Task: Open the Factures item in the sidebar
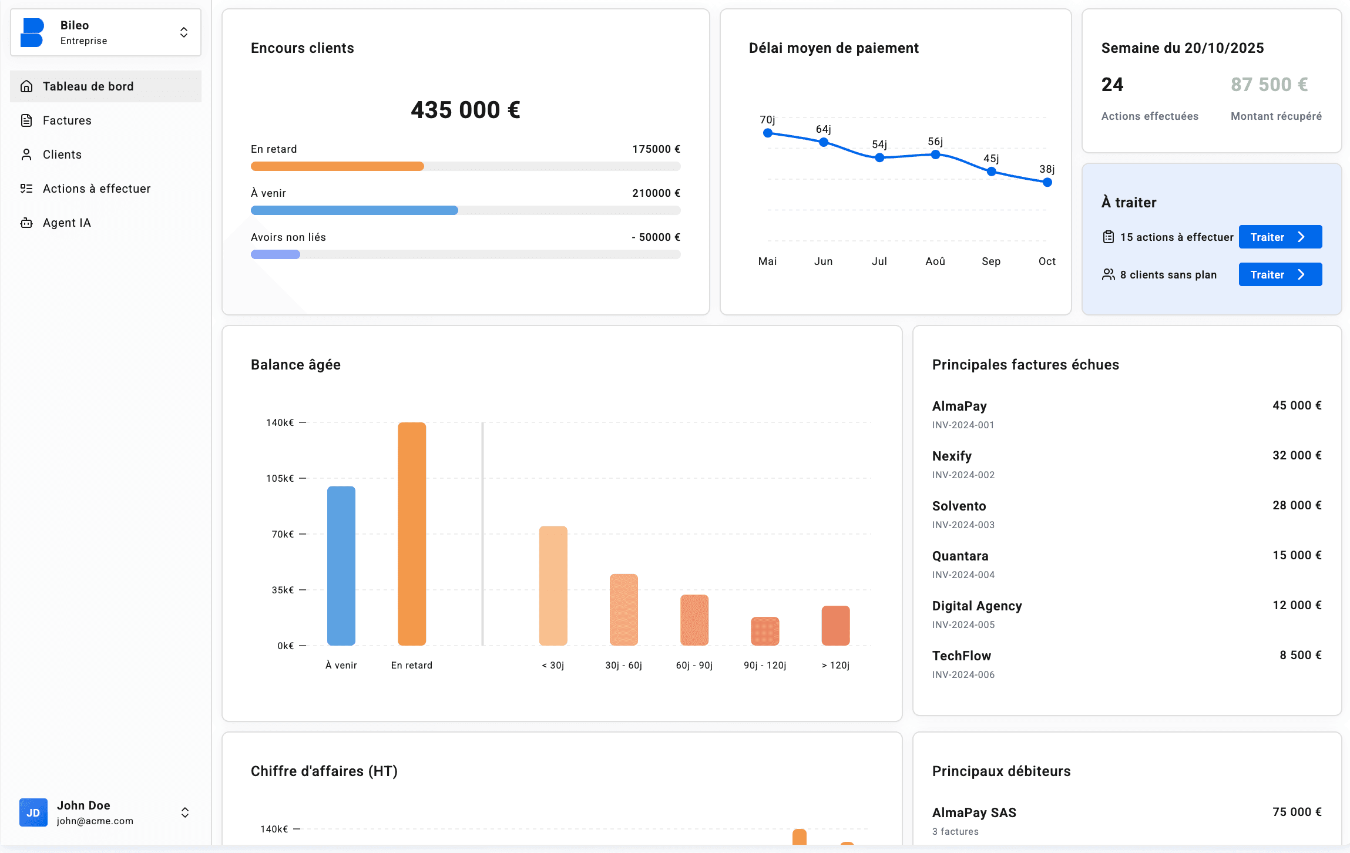[66, 120]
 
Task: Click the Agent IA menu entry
[66, 223]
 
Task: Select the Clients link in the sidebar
[62, 155]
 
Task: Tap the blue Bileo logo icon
[32, 32]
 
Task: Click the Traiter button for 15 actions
[1280, 237]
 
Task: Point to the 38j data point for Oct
[1047, 182]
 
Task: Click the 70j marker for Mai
[767, 133]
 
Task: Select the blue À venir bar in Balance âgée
[341, 565]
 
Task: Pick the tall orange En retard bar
[411, 533]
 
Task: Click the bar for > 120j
[835, 625]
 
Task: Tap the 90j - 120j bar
[764, 630]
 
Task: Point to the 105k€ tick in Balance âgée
[280, 478]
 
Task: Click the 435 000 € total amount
[465, 110]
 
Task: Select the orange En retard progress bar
[337, 166]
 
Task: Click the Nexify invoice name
[952, 456]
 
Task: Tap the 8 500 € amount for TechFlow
[1300, 655]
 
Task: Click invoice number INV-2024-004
[963, 575]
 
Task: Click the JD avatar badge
[33, 812]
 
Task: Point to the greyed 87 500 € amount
[1269, 85]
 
